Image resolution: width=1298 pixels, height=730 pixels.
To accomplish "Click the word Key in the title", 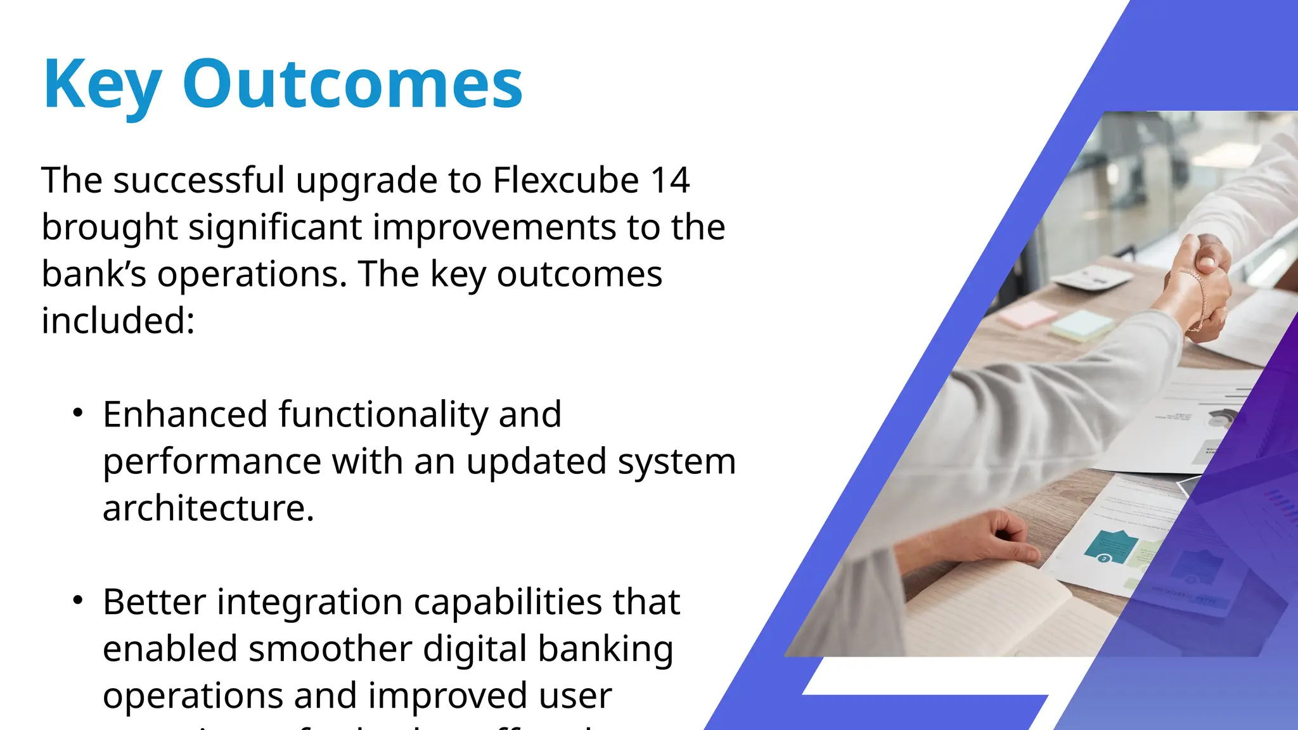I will point(102,85).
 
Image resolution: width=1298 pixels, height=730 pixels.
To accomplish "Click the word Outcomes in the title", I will point(352,84).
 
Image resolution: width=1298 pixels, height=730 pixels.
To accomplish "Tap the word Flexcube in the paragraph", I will point(565,180).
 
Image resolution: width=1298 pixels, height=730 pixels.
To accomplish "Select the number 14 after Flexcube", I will point(670,180).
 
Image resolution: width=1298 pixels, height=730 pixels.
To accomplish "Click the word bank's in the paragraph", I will point(94,274).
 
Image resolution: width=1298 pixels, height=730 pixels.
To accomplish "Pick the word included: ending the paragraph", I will point(118,321).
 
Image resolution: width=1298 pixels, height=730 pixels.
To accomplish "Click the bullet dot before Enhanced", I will point(78,414).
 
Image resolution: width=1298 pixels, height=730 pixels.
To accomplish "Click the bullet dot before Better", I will point(78,601).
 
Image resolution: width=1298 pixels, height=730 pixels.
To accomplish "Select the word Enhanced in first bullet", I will point(185,414).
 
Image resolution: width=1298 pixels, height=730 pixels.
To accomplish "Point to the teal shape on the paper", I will point(1112,545).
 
